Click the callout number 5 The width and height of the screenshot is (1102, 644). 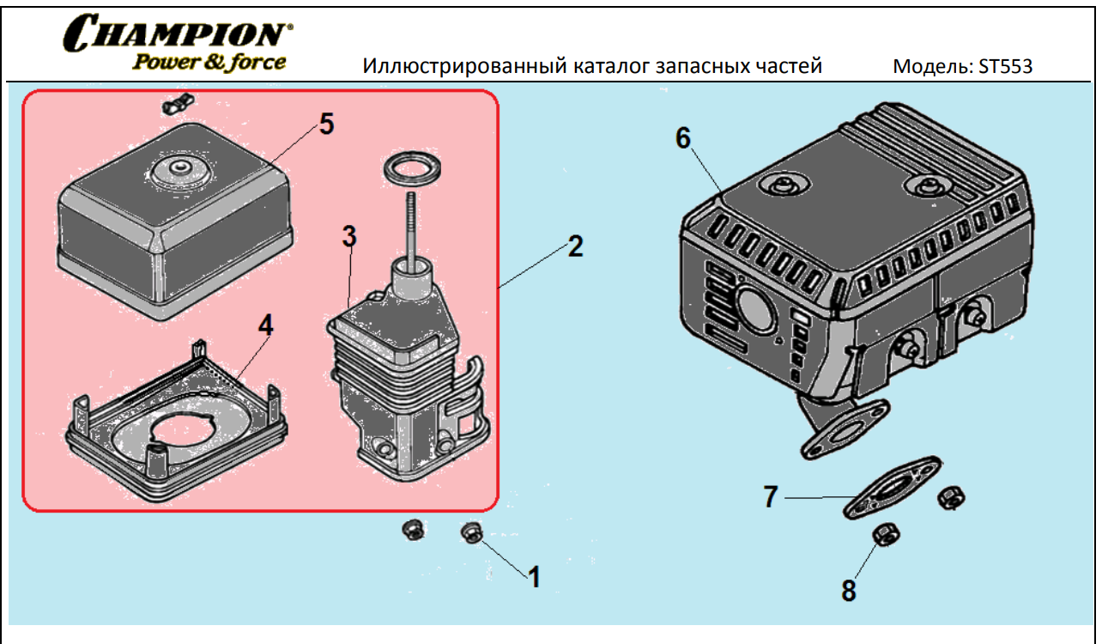326,124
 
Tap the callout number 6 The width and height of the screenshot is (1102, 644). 683,137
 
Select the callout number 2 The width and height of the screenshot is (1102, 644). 575,247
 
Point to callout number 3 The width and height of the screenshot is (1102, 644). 349,237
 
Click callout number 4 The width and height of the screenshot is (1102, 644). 266,325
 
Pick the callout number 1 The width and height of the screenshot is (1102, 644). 534,577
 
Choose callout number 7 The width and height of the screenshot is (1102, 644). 771,496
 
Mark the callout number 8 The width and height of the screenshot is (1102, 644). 848,591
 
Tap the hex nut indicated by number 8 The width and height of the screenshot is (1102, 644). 885,537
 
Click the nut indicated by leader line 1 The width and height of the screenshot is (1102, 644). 471,532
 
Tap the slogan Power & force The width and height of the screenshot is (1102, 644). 209,62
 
